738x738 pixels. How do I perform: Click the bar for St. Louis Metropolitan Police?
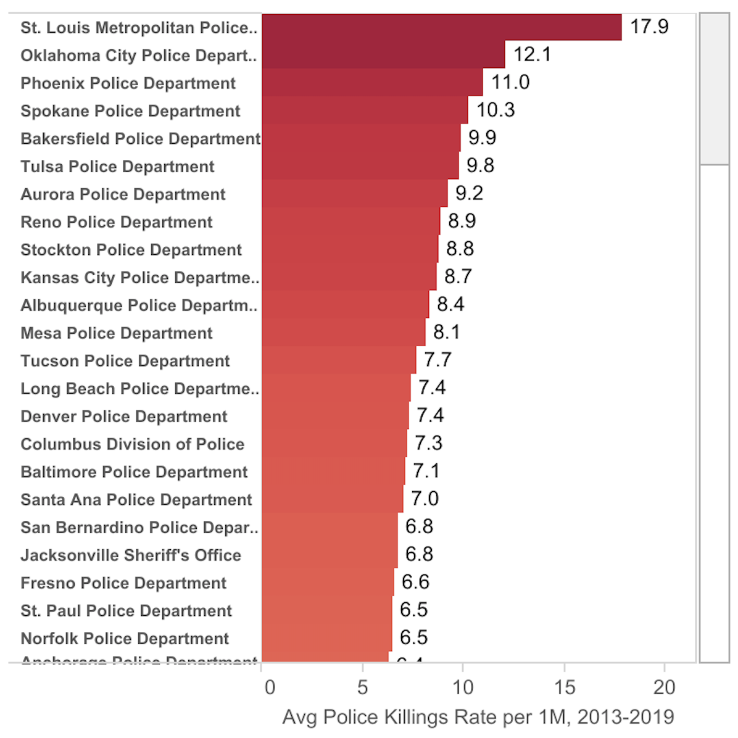pos(441,27)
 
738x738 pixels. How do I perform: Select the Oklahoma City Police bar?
pos(383,55)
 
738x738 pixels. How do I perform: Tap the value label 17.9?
pos(649,27)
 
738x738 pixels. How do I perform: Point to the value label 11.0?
pos(510,82)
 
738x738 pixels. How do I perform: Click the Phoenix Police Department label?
pos(128,83)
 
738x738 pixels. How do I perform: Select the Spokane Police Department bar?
pos(364,110)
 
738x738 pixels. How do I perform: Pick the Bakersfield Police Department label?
pos(140,139)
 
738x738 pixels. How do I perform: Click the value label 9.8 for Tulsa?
pos(480,165)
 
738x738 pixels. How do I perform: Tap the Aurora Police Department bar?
pos(354,194)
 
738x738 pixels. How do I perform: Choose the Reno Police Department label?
pos(116,222)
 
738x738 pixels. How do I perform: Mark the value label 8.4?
pos(450,304)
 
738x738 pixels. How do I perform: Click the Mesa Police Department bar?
pos(343,333)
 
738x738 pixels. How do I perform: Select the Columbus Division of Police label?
pos(132,444)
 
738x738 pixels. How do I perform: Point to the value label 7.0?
pos(425,499)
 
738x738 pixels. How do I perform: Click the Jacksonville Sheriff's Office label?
pos(130,555)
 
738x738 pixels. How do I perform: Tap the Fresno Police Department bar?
pos(327,583)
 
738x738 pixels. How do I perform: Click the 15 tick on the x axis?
pos(564,687)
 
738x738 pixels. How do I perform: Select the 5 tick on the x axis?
pos(362,687)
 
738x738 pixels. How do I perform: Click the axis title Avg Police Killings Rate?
pos(478,717)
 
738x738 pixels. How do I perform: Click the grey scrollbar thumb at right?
pos(714,89)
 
